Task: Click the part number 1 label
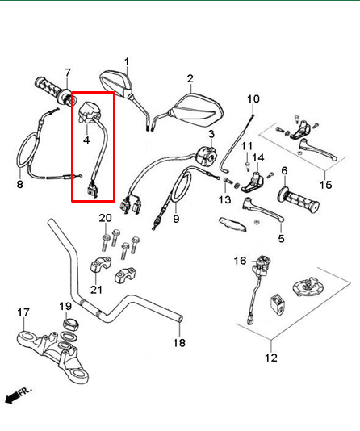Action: coord(127,61)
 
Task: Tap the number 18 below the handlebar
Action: coord(179,343)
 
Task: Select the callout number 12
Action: coord(270,358)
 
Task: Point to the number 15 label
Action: coord(325,185)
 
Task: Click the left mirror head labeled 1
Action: coord(118,83)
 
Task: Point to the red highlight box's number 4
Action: coord(86,140)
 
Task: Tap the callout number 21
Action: coord(97,291)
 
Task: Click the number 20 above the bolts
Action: coord(105,219)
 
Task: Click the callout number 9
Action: coord(176,219)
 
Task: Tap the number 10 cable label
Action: coord(253,99)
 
